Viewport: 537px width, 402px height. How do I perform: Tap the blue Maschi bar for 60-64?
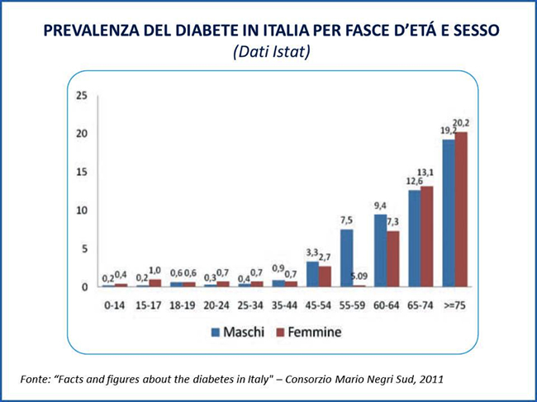click(381, 250)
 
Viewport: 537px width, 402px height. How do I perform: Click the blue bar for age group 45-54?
click(312, 273)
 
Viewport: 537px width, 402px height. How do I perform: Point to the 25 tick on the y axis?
click(81, 96)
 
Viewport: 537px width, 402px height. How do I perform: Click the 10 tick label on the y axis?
click(81, 210)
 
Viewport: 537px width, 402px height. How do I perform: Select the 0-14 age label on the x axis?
click(115, 305)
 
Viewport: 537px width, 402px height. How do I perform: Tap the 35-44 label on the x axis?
click(284, 305)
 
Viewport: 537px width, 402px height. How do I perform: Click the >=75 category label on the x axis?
click(455, 305)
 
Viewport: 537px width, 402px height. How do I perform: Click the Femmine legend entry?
click(307, 333)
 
